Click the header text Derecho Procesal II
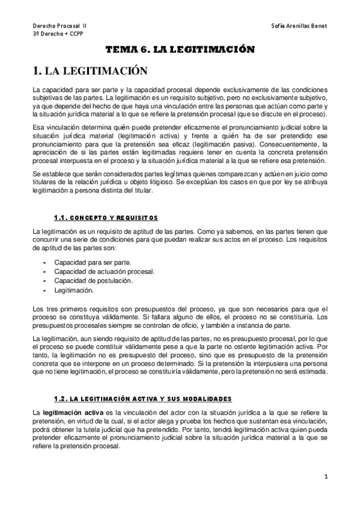(59, 26)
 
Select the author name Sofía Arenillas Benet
(299, 26)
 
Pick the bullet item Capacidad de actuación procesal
(104, 272)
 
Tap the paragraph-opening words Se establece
(52, 174)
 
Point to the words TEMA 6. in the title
(123, 51)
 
